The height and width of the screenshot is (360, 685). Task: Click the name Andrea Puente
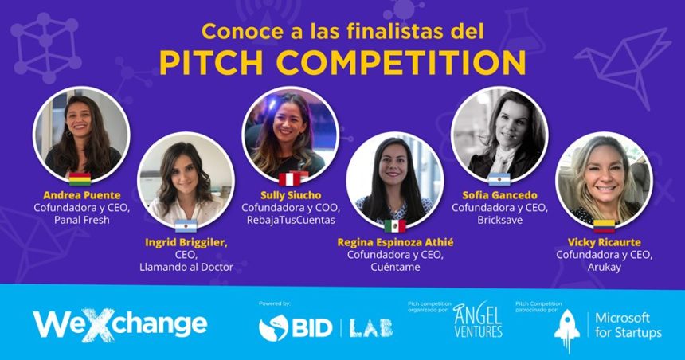click(x=82, y=195)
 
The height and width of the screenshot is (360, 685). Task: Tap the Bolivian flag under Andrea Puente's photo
click(x=80, y=179)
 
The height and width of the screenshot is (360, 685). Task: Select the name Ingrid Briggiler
click(x=186, y=242)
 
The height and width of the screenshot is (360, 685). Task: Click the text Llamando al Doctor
click(x=186, y=267)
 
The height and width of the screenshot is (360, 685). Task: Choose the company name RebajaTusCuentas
click(x=291, y=220)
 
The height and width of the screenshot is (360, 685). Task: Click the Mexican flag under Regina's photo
click(x=395, y=226)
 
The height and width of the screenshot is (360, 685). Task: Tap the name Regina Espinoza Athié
click(x=395, y=242)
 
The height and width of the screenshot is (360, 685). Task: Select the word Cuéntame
click(x=395, y=267)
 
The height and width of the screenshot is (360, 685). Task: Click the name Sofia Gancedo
click(x=499, y=195)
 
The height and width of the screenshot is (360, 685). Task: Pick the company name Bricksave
click(x=499, y=220)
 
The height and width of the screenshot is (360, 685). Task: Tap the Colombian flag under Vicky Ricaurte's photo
click(x=604, y=226)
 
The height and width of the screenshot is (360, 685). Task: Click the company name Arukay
click(x=605, y=267)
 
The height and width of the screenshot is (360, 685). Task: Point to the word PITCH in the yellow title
click(x=211, y=62)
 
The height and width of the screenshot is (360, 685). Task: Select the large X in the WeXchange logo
click(x=98, y=325)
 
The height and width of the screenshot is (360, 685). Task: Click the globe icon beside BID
click(x=273, y=328)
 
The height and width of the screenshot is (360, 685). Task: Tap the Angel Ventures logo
click(x=477, y=320)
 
